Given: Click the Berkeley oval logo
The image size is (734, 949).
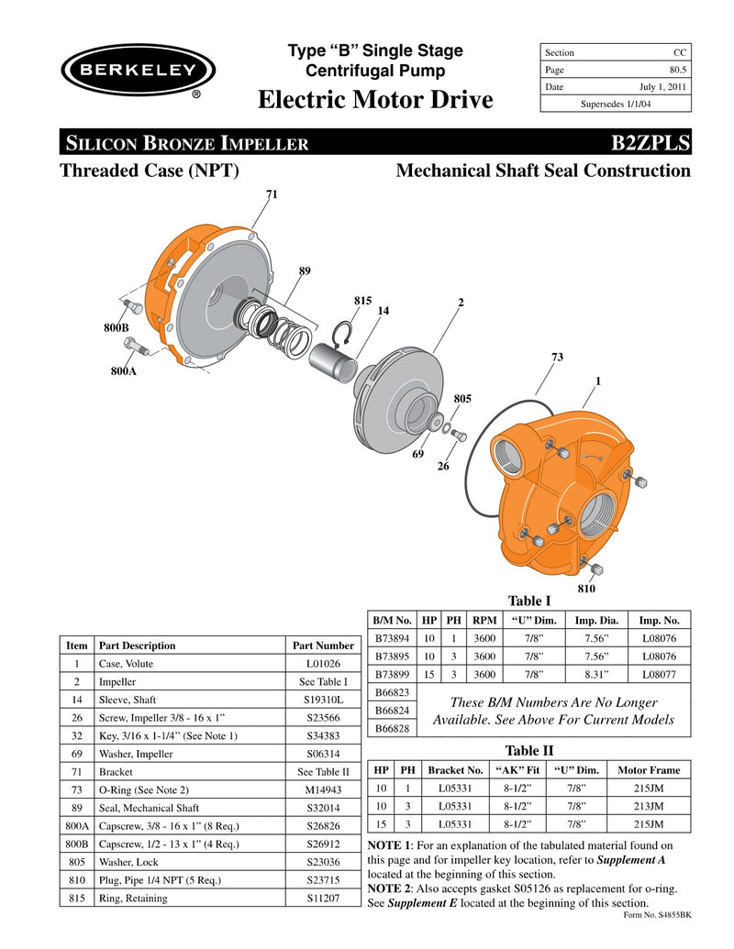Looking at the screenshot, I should point(138,71).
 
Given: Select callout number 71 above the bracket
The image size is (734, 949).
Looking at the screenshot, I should point(272,194).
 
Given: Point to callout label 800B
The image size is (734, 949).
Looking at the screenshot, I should point(116,326).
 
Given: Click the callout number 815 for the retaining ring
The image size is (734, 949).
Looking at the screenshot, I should point(362,301).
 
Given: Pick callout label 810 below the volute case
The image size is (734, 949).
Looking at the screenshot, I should point(587,586).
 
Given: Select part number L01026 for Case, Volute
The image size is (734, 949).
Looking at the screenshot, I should point(322,664).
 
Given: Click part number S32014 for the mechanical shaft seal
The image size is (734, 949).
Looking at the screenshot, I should point(322,807).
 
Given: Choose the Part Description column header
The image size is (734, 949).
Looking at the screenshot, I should point(137,646).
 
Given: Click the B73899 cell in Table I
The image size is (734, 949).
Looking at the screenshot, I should point(392,674).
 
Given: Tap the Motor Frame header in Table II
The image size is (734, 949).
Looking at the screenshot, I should point(650,770).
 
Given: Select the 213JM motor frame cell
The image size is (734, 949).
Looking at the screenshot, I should point(650,806).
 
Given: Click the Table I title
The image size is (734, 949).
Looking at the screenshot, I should point(528,601).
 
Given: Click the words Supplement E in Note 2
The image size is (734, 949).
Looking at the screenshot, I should point(417,903).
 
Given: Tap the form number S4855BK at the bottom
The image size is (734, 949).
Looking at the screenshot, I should point(657,915).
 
